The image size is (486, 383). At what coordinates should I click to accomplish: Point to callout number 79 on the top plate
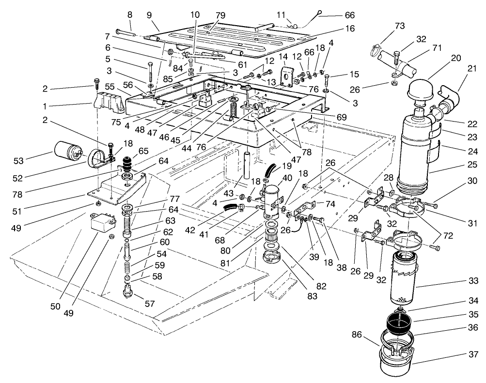[220, 15]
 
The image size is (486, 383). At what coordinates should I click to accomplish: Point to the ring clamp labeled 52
[98, 158]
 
